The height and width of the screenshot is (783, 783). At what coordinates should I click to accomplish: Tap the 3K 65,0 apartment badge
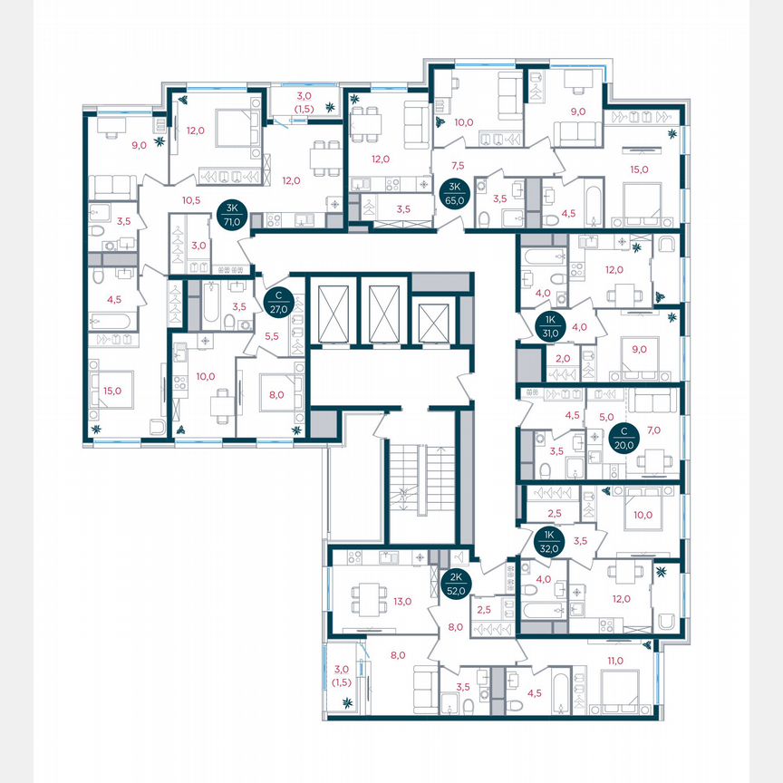[451, 194]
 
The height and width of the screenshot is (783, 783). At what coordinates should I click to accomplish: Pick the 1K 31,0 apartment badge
[549, 326]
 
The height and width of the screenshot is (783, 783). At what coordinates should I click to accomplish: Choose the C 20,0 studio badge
[623, 438]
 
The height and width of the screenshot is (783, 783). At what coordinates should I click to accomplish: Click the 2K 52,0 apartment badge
[455, 584]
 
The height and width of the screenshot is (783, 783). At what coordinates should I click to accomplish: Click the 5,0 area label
[606, 419]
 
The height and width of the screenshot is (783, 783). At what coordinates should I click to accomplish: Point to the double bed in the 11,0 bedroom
[619, 688]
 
